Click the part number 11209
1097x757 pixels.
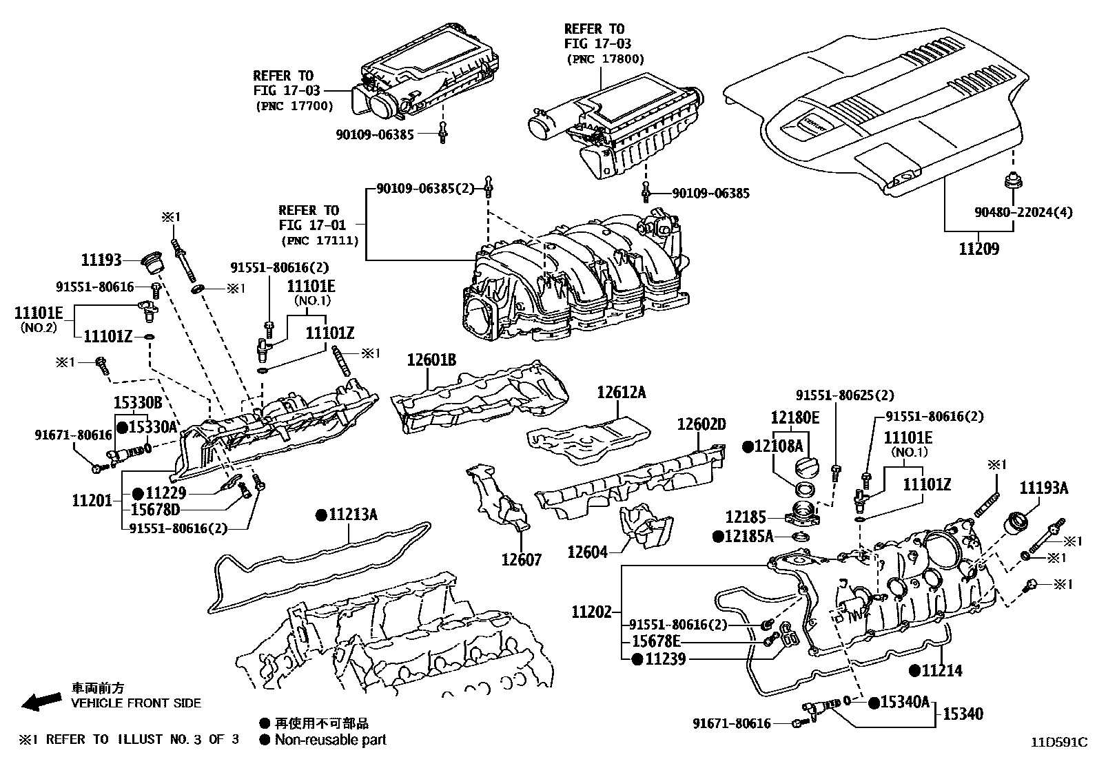tap(978, 248)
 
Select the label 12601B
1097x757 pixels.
tap(431, 360)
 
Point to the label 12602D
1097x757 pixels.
tap(701, 424)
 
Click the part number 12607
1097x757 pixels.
tap(522, 559)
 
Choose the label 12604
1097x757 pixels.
tap(587, 552)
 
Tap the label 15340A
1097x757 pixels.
tap(905, 702)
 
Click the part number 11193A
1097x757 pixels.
tap(1044, 488)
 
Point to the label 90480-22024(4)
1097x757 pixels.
tap(1023, 212)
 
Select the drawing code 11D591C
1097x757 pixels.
tap(1058, 743)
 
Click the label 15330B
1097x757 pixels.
tap(138, 402)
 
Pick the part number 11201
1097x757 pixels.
tap(92, 500)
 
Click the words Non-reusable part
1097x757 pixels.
tap(330, 740)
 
